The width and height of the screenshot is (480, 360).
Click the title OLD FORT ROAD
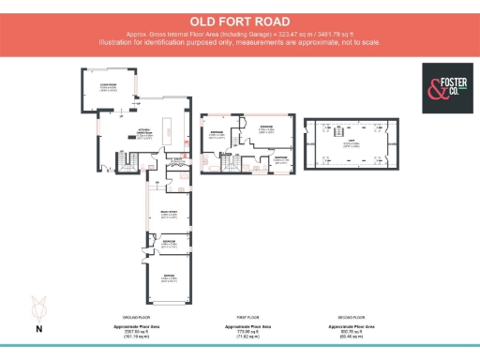pyautogui.click(x=239, y=20)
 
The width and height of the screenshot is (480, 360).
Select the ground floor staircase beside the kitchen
pyautogui.click(x=130, y=163)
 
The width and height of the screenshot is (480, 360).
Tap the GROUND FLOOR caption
pyautogui.click(x=137, y=317)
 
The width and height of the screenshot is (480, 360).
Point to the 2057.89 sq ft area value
pyautogui.click(x=137, y=330)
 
